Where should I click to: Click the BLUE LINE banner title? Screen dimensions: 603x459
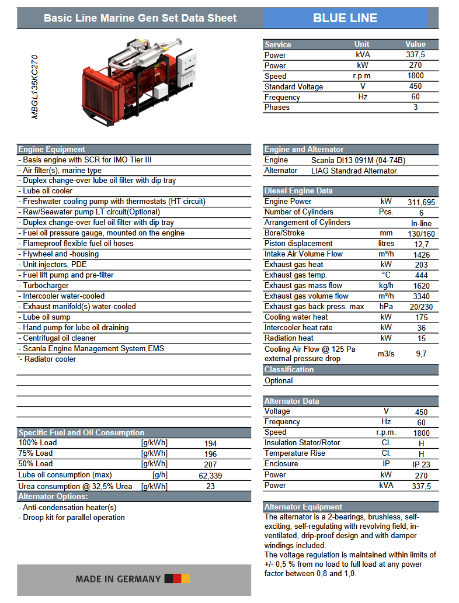(345, 18)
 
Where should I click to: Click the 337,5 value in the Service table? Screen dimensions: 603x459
(415, 55)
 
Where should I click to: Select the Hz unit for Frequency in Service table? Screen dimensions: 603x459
(362, 97)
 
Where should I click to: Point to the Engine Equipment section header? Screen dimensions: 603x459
(52, 150)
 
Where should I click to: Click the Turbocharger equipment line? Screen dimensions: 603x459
(46, 286)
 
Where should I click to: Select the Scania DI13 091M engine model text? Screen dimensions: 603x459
(358, 160)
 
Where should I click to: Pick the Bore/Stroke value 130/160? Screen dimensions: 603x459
(421, 233)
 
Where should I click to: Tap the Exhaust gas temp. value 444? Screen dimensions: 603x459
(421, 275)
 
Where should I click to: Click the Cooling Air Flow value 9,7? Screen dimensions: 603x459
(421, 354)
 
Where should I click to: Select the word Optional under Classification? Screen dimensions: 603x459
(279, 380)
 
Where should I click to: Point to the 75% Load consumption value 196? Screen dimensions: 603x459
(210, 454)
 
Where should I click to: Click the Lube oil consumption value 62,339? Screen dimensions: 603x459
(210, 476)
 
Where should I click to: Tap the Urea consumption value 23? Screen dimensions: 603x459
(210, 486)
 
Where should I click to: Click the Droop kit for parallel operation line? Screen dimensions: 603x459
(74, 518)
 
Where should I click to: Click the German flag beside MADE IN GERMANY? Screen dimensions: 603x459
(177, 579)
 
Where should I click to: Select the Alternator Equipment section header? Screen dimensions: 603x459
(303, 507)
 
